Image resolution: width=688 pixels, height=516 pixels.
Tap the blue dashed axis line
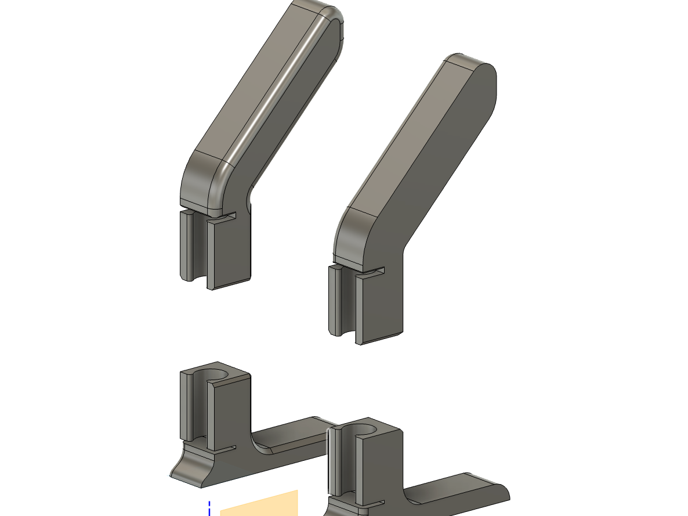[x=209, y=508]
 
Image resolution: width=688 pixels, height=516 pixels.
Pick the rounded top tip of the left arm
[x=325, y=15]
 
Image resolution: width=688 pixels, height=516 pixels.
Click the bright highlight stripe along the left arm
[x=278, y=93]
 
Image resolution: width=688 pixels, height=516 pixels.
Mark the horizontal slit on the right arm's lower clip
[x=371, y=270]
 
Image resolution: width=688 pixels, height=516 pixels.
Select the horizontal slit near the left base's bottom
[x=223, y=448]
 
